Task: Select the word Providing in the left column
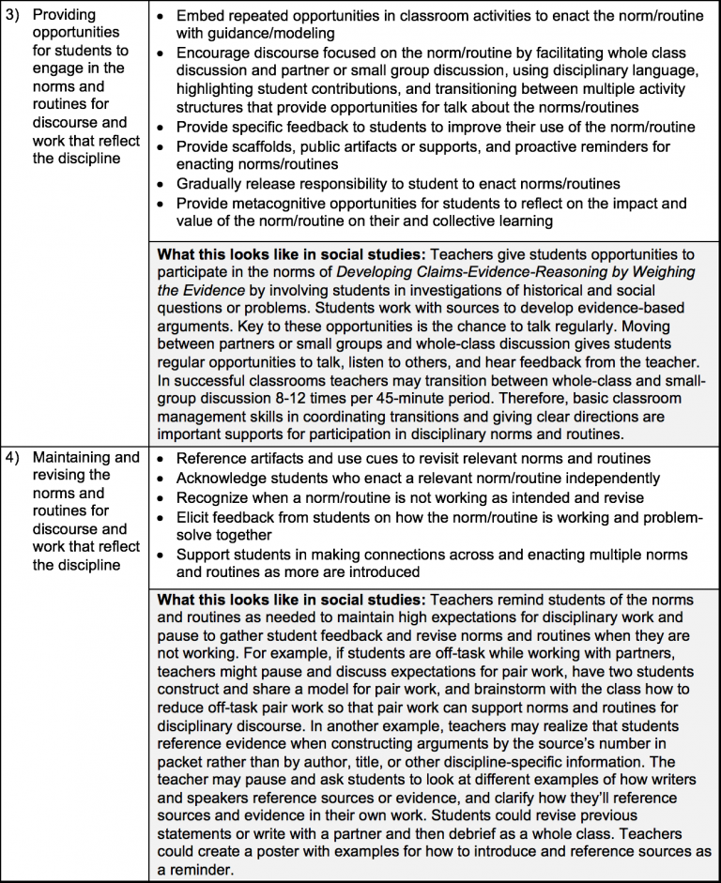65,16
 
